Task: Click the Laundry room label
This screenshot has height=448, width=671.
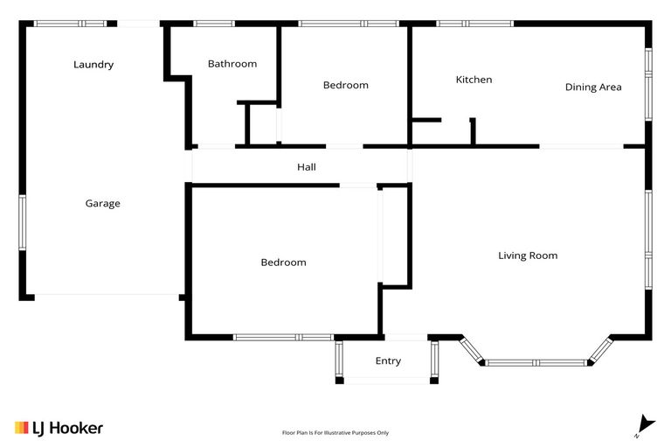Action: (x=93, y=65)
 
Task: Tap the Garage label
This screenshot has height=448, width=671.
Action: (x=102, y=204)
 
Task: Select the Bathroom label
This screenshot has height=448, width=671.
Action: (x=232, y=64)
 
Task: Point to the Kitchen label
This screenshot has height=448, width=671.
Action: (x=474, y=80)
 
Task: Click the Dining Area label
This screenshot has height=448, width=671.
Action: (x=593, y=87)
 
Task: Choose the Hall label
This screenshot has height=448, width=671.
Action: (x=306, y=167)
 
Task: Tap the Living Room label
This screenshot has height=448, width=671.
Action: (x=528, y=255)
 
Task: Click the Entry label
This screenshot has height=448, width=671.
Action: (x=388, y=360)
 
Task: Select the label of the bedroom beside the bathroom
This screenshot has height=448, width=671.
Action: (x=346, y=86)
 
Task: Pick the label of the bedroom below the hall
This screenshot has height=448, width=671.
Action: (x=284, y=262)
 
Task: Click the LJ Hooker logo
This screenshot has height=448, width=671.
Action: (x=59, y=428)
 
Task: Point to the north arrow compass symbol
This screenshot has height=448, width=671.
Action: (x=645, y=424)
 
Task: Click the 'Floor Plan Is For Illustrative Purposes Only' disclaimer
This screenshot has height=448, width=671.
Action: (x=335, y=432)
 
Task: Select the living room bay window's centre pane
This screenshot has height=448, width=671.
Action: (x=537, y=362)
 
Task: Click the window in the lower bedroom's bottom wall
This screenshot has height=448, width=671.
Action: (x=283, y=337)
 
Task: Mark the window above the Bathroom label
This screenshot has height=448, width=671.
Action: (x=214, y=24)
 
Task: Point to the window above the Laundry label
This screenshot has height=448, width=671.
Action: (x=70, y=24)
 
